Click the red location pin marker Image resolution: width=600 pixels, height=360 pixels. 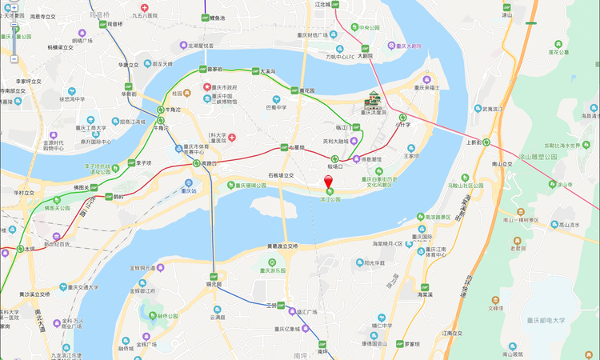(327, 182)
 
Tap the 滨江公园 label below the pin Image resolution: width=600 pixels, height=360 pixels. (332, 199)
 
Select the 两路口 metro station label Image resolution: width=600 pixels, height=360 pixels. (209, 163)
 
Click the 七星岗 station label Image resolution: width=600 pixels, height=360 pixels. (294, 148)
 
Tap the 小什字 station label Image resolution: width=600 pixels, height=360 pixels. (404, 124)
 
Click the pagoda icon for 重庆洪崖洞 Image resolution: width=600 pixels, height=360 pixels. (374, 101)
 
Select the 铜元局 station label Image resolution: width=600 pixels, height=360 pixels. (214, 284)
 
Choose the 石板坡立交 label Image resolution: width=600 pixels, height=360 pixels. (281, 174)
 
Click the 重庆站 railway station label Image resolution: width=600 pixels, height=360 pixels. (190, 190)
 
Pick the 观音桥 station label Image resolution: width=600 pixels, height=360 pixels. (114, 24)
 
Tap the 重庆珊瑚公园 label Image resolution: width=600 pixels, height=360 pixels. (251, 185)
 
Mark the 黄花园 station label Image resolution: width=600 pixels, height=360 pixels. (306, 90)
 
